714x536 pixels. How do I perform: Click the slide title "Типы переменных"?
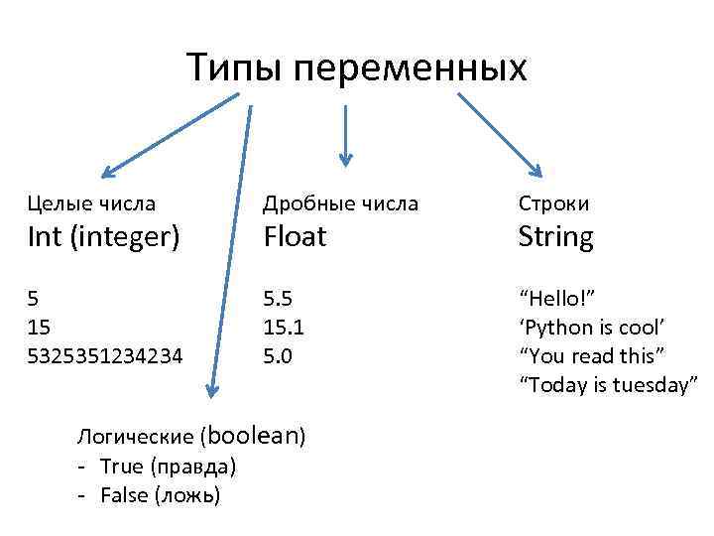357,68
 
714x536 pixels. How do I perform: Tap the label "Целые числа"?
91,203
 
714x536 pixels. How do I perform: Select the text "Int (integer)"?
103,237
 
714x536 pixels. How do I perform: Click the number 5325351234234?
105,354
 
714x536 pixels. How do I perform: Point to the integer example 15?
40,326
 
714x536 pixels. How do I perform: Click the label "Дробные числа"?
340,203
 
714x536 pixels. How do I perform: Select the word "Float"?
295,237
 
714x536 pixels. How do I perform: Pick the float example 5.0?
278,354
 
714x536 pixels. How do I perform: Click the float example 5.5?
278,298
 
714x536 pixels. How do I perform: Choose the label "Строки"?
553,203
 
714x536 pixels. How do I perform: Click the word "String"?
556,237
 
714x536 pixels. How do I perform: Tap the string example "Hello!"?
557,298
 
